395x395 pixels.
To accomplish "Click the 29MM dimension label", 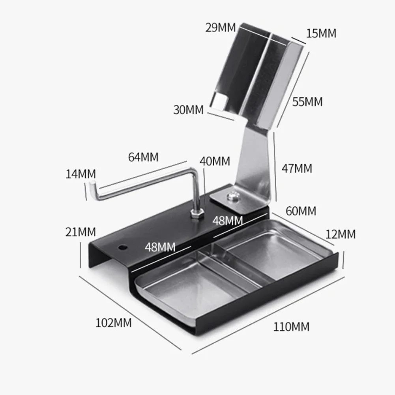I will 220,28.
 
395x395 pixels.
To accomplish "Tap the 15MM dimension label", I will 321,34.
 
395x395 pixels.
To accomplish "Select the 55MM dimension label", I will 307,102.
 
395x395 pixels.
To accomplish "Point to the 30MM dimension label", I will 188,110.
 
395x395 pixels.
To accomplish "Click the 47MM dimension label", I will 297,168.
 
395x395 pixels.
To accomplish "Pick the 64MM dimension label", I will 143,157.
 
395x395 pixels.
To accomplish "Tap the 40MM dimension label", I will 215,161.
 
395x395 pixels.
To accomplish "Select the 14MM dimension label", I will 80,174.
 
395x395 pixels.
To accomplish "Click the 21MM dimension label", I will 80,232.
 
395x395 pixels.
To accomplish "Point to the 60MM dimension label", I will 301,211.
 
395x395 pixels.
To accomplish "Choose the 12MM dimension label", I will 340,234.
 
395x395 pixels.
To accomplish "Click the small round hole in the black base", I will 123,248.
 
